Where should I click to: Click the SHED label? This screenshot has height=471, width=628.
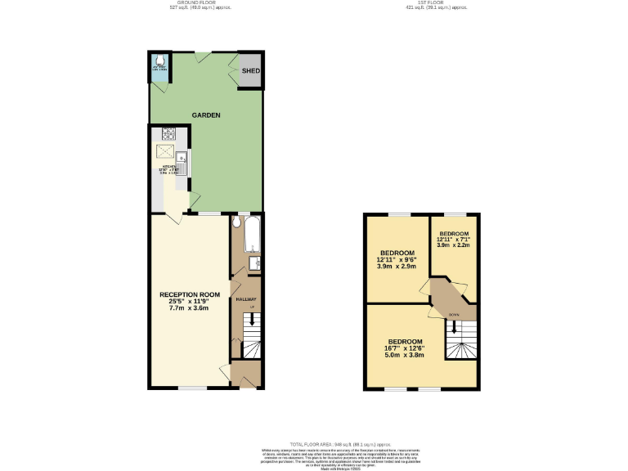[x=250, y=72]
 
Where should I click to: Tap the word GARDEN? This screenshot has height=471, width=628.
[x=206, y=115]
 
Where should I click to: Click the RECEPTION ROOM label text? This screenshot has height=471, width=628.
[x=190, y=294]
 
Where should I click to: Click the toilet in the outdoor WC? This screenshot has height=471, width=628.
[x=159, y=61]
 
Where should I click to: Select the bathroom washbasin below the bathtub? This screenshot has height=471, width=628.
[x=255, y=262]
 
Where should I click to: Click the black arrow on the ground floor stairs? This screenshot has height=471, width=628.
[x=252, y=320]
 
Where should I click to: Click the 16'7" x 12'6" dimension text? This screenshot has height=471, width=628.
[x=405, y=348]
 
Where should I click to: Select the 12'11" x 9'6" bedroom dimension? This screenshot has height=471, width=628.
[x=397, y=259]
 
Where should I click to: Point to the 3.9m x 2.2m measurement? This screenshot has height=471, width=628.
[x=453, y=244]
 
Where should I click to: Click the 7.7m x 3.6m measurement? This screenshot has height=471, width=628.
[x=190, y=308]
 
